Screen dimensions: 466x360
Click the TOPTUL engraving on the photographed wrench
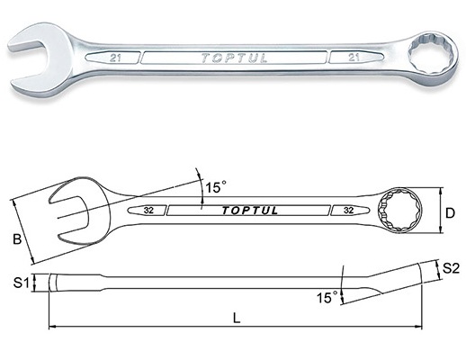point(234,58)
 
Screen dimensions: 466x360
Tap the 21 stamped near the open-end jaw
point(115,58)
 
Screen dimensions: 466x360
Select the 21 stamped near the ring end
point(354,57)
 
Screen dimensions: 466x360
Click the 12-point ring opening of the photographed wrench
point(428,54)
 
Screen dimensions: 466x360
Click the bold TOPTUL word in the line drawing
point(250,211)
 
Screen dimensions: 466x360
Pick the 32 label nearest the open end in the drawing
point(148,211)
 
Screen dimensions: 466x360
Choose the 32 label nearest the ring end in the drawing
point(348,211)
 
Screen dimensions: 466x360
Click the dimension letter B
point(17,239)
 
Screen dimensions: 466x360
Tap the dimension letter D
point(450,213)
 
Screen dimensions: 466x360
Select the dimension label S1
point(21,283)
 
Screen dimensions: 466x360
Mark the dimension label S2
point(451,268)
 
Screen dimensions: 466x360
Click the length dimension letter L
point(237,318)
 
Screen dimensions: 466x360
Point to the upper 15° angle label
point(216,187)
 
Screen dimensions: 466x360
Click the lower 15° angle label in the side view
point(327,297)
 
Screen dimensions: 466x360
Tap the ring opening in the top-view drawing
point(399,210)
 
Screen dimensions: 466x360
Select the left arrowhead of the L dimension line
point(52,327)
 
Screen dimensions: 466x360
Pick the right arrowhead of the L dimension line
point(418,327)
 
